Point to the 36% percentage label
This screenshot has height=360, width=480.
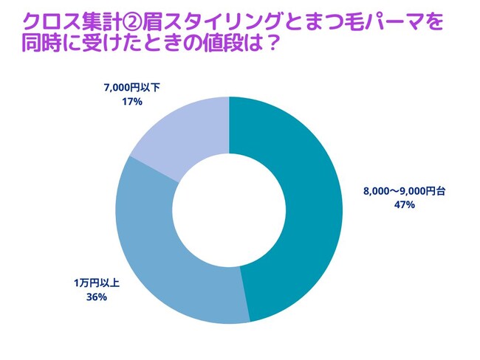97,297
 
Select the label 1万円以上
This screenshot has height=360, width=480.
97,283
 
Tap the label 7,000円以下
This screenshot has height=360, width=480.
132,88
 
